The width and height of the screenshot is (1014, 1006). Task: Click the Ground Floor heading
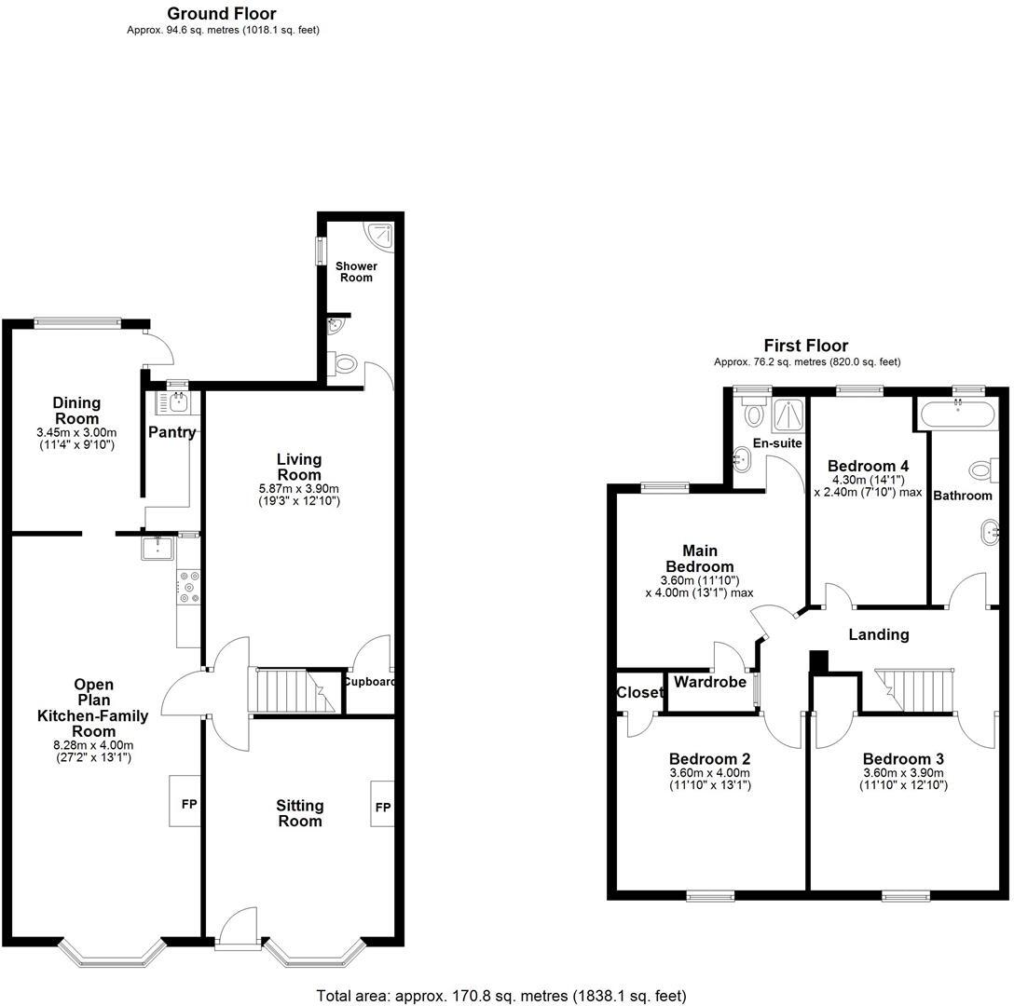[x=221, y=14]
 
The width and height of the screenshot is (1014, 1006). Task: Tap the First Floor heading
[x=806, y=346]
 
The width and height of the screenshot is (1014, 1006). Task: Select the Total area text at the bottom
[x=501, y=996]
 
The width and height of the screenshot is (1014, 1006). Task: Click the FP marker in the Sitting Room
[x=382, y=808]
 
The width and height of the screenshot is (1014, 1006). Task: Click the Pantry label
[x=172, y=432]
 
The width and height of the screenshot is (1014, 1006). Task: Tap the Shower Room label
[x=356, y=272]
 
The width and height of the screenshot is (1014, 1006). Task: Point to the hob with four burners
[x=190, y=588]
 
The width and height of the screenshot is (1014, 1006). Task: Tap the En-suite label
[x=777, y=443]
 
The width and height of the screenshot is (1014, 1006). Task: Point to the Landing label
[x=878, y=634]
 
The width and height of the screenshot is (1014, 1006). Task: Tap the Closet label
[x=639, y=692]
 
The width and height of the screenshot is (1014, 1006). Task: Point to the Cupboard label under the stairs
[x=369, y=681]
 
